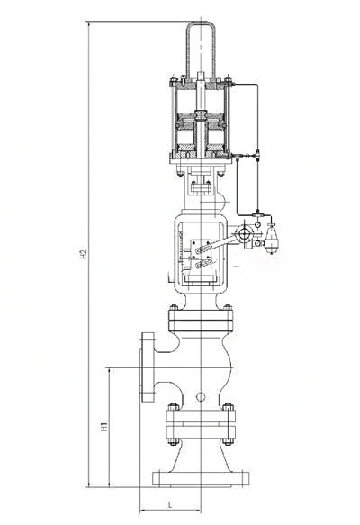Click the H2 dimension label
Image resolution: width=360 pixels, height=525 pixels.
point(84,254)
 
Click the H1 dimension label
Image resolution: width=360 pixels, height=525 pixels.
point(104,427)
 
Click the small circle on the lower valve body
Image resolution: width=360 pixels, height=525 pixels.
point(201,397)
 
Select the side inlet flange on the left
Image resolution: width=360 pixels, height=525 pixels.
point(148,367)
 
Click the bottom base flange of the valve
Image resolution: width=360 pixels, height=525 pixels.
point(201,478)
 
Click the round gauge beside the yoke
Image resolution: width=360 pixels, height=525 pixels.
point(243,233)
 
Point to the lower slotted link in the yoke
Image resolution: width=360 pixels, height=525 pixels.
point(202,264)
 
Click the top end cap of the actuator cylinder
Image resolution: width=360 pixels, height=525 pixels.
point(201,86)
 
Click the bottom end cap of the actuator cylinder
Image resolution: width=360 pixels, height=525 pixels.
point(201,154)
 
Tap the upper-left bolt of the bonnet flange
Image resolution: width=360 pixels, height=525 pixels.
point(174,307)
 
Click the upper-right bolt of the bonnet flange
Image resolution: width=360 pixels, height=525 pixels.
point(228,307)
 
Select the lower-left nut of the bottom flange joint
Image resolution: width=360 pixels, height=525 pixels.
point(173,441)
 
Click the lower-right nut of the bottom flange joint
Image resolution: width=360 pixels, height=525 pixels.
point(229,441)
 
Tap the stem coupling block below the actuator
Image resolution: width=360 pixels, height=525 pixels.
point(201,186)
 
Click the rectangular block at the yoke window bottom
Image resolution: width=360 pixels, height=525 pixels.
point(201,278)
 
